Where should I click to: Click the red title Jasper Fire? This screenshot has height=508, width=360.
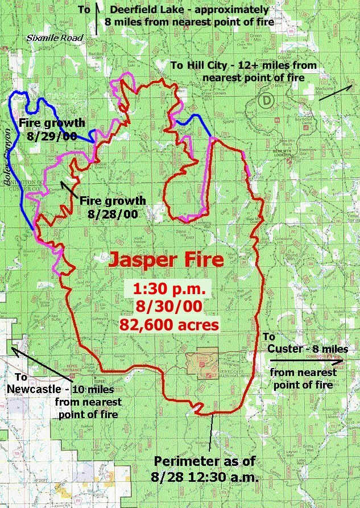[x=165, y=260]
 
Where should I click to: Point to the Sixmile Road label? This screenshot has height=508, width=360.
[x=55, y=38]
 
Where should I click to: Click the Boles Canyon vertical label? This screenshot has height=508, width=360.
[x=8, y=151]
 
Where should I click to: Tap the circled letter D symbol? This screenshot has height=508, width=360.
[x=266, y=101]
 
